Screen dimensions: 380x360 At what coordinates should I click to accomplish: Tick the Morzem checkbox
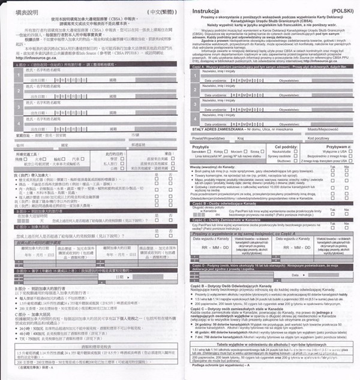tap(246, 152)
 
